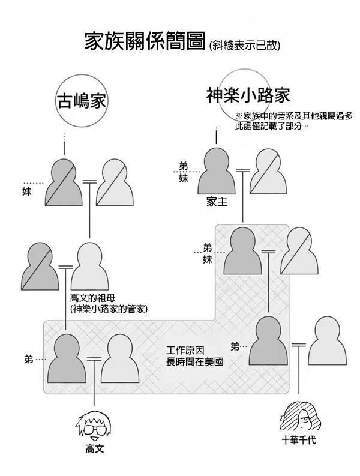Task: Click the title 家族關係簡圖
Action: (x=145, y=41)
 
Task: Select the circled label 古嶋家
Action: (x=82, y=101)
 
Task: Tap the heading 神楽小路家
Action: (x=248, y=95)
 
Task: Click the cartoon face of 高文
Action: (x=92, y=426)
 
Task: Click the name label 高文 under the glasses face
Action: (x=94, y=448)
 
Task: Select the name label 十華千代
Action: (x=299, y=440)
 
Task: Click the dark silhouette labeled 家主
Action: (x=216, y=171)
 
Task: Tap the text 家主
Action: (x=217, y=202)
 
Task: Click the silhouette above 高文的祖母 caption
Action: (x=89, y=266)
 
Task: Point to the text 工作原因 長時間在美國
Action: (x=194, y=356)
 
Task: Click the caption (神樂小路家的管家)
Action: (x=109, y=309)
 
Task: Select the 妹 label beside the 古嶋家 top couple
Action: (x=27, y=192)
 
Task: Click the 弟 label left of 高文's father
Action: (x=29, y=360)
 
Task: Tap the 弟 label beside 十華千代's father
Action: (x=235, y=346)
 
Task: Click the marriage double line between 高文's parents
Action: (x=94, y=359)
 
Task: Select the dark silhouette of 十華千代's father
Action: (x=268, y=340)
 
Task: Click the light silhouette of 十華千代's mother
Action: (x=327, y=340)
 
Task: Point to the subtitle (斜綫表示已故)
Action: (x=244, y=46)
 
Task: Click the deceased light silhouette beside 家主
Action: (x=268, y=171)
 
